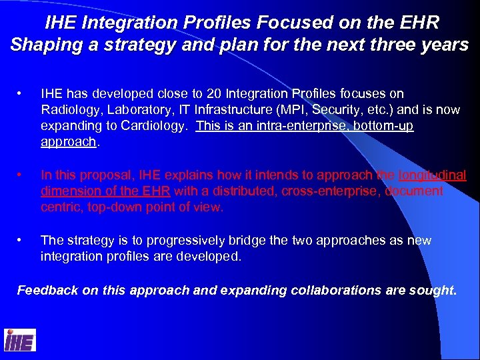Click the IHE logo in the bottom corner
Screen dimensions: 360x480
[x=20, y=340]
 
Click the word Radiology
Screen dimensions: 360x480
[x=69, y=110]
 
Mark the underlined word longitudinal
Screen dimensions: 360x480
[x=432, y=175]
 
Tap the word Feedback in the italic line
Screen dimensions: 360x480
[x=45, y=290]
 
